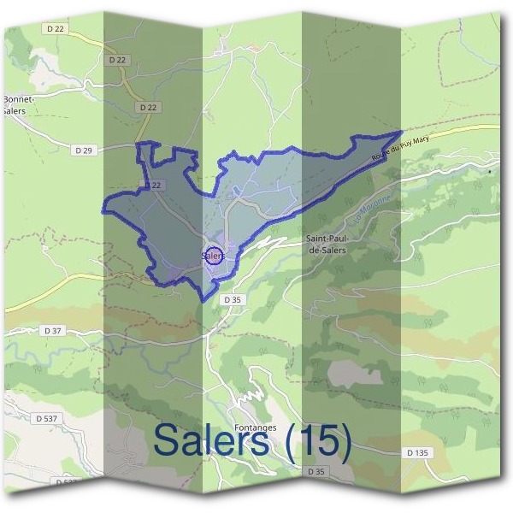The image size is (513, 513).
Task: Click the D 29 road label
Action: pos(83,150)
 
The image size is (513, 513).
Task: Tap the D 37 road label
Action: pos(52,330)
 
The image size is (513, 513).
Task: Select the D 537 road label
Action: pos(48,418)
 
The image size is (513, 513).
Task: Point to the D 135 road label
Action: pos(416,451)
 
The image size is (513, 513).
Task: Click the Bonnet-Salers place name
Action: pos(18,105)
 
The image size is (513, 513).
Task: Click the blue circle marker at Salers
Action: pos(215,255)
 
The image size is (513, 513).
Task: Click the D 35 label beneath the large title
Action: pos(316,471)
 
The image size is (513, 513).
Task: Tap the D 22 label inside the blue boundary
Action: pos(153,185)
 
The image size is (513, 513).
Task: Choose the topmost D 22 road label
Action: pos(56,28)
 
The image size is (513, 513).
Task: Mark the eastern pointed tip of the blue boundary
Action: pos(401,133)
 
